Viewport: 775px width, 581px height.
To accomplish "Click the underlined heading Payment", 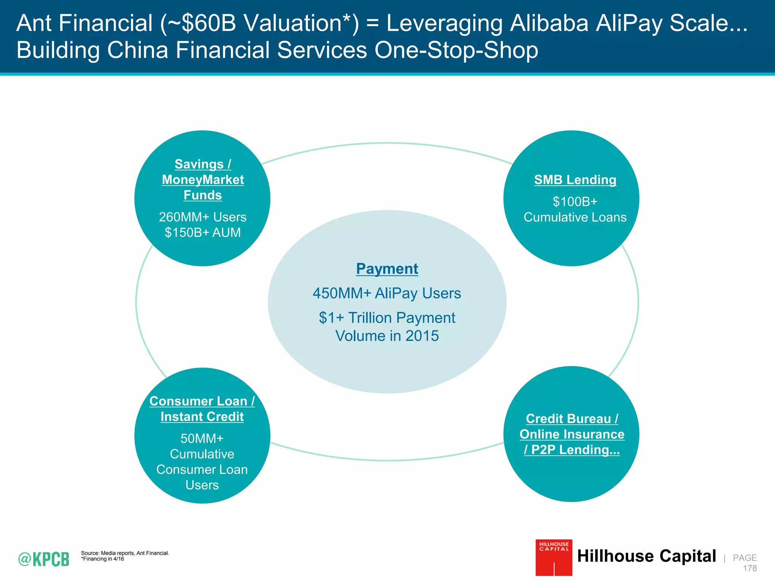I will (387, 269).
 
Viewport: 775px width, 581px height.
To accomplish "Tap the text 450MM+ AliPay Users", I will (387, 294).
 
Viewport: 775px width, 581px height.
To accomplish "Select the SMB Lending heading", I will (575, 180).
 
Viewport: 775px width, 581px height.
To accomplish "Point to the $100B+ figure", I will (575, 202).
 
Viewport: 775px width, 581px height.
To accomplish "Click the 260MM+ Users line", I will (202, 217).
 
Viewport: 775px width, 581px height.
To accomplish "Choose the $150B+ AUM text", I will (202, 232).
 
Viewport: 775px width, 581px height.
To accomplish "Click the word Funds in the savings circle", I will (202, 195).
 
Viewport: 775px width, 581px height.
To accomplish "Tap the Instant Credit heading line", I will (202, 416).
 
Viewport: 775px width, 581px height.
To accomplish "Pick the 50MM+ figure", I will (202, 438).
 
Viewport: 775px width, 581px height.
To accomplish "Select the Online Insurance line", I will (572, 434).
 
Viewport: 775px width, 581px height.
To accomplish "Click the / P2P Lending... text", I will (572, 450).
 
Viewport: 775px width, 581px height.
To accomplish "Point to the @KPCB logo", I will (44, 559).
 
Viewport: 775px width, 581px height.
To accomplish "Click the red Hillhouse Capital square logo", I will (554, 558).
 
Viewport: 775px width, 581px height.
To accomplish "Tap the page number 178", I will (750, 568).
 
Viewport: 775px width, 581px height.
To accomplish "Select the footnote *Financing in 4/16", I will (103, 559).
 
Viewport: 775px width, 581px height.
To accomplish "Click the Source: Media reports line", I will (125, 553).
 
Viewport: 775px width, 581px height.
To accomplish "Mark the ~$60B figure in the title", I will (201, 23).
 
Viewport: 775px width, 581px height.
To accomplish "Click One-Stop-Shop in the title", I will (456, 50).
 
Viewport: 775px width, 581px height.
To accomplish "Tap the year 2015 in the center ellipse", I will (422, 336).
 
